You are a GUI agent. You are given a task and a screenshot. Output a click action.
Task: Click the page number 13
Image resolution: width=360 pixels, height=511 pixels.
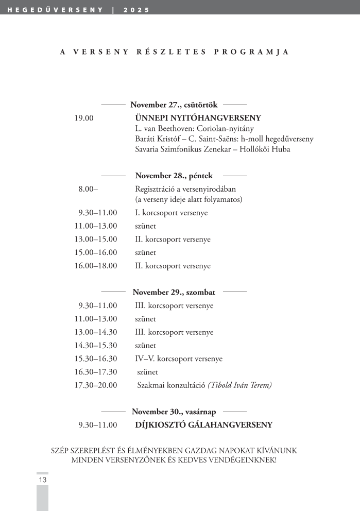pyautogui.click(x=43, y=480)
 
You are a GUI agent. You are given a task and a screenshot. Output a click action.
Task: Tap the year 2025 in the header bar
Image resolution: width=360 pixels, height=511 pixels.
pyautogui.click(x=137, y=10)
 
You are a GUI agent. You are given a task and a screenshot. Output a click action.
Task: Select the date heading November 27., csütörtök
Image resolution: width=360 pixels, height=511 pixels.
pyautogui.click(x=174, y=105)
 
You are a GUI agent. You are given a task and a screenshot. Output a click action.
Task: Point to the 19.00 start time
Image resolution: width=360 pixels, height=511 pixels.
pyautogui.click(x=84, y=118)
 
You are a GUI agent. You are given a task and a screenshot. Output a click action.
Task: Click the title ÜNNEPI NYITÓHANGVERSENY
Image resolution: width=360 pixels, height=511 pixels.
pyautogui.click(x=198, y=118)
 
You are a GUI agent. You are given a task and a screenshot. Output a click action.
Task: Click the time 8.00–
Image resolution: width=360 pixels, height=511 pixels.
pyautogui.click(x=88, y=189)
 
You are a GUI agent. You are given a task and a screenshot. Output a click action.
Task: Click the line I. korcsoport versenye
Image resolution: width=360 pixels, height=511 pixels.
pyautogui.click(x=171, y=213)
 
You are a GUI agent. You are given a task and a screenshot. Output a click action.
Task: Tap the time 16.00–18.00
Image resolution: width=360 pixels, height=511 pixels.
pyautogui.click(x=96, y=266)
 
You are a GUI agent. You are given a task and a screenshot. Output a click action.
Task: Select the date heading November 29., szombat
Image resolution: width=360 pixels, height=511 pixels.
pyautogui.click(x=174, y=292)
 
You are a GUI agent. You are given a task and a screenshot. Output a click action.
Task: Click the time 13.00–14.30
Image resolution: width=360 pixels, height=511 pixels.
pyautogui.click(x=96, y=332)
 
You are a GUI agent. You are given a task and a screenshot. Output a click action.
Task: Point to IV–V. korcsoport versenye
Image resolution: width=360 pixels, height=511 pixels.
pyautogui.click(x=178, y=359)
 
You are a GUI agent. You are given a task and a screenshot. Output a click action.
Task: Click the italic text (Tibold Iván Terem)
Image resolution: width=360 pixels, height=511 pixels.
pyautogui.click(x=239, y=385)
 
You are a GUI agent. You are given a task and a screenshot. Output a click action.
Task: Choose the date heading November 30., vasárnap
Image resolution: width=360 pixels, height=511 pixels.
pyautogui.click(x=174, y=412)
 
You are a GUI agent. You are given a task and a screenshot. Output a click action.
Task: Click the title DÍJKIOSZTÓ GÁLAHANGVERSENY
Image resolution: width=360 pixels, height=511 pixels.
pyautogui.click(x=203, y=425)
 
